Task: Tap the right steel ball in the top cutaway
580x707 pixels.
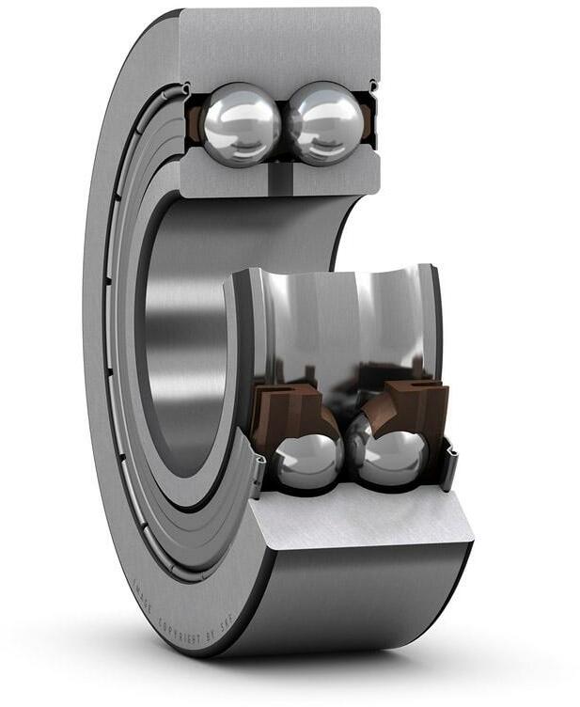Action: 324,125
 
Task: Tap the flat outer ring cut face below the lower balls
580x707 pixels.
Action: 362,522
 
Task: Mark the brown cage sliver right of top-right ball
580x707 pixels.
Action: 368,122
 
